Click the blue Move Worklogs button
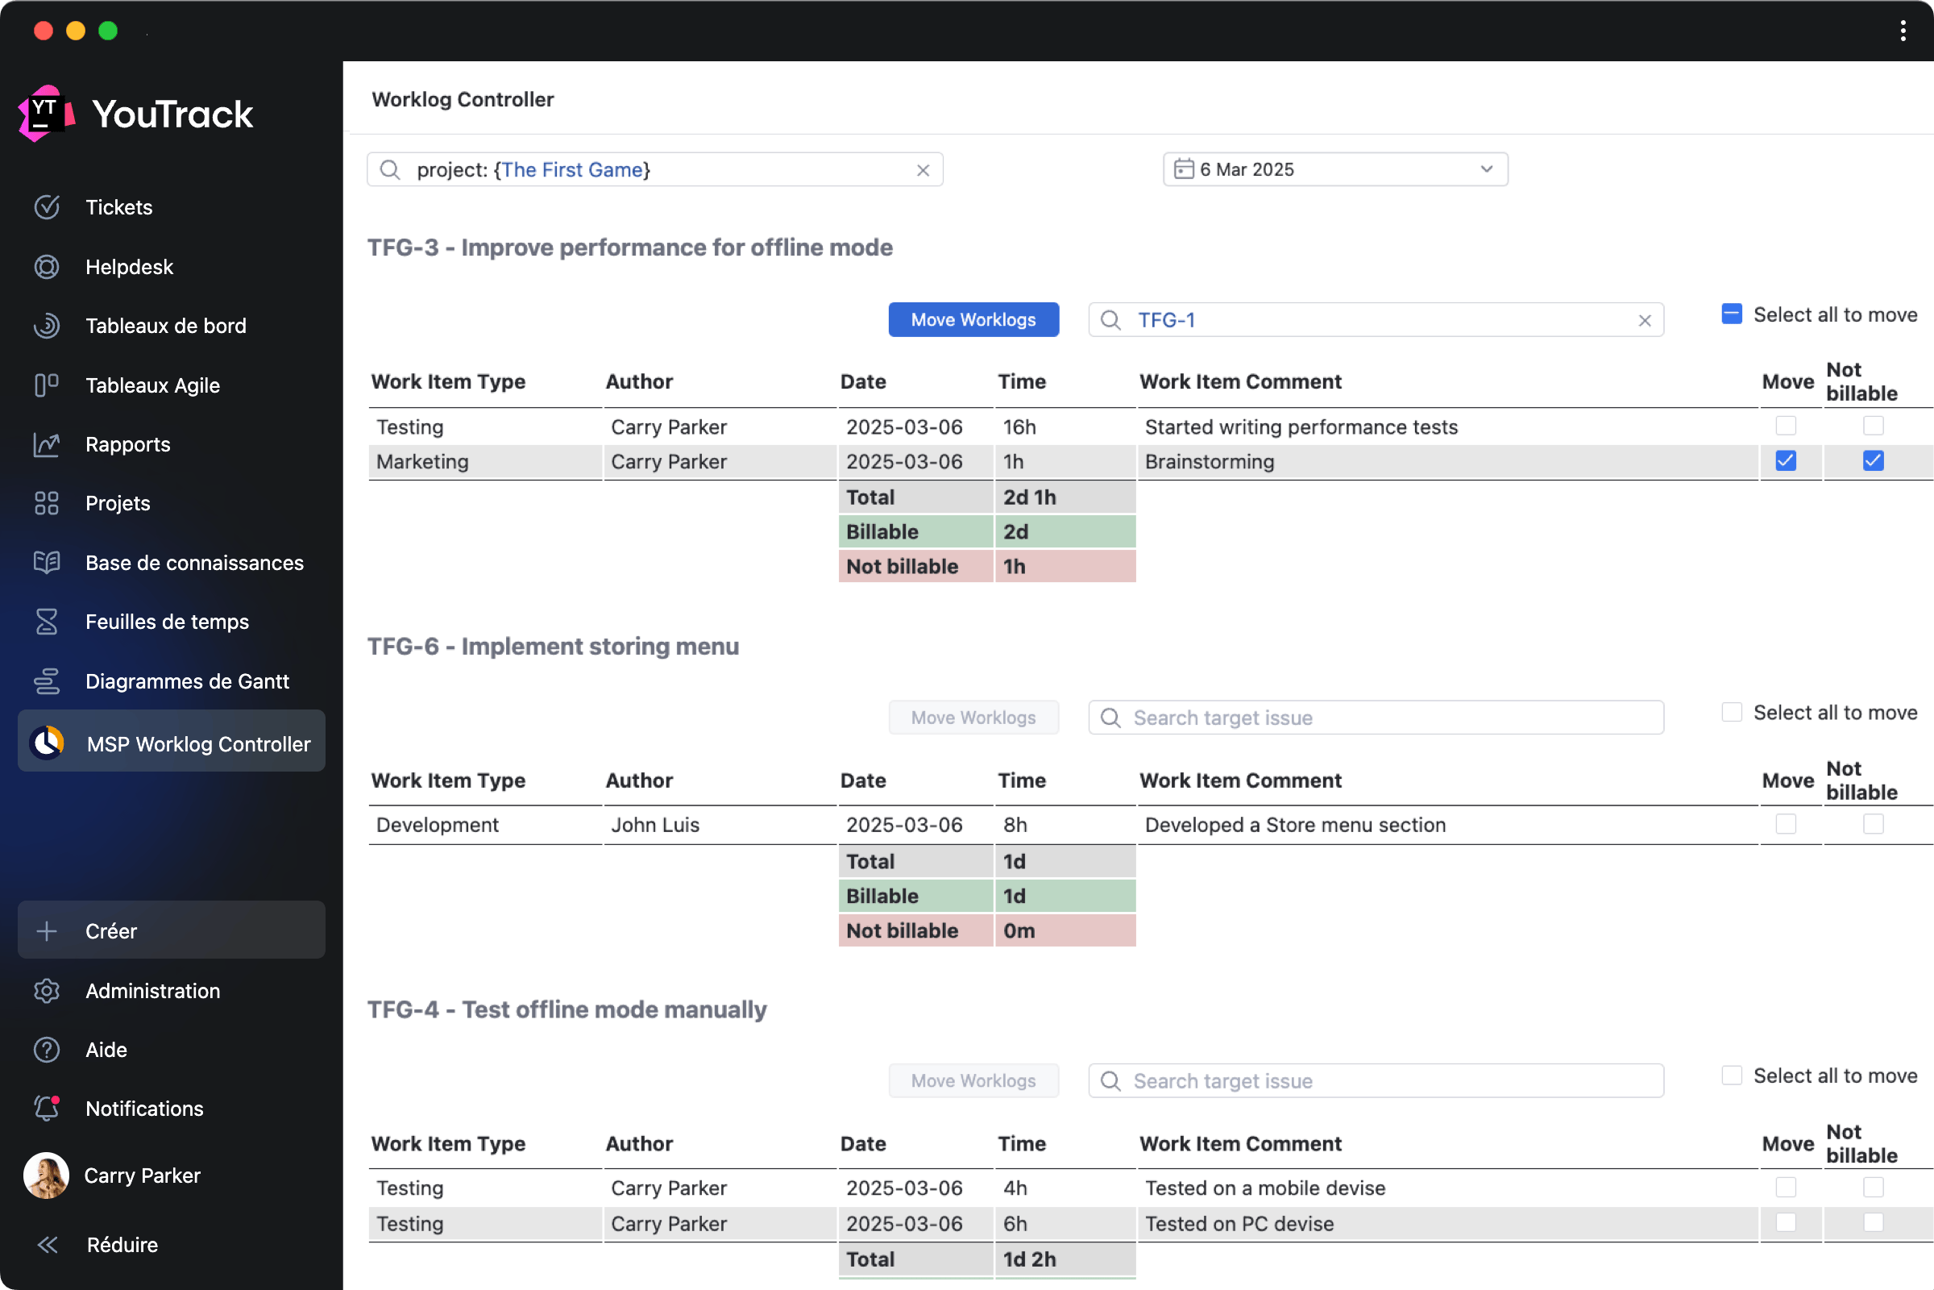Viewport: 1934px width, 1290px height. tap(973, 320)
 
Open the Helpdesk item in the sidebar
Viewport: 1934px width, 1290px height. tap(129, 267)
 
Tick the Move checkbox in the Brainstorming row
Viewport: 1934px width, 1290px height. tap(1785, 460)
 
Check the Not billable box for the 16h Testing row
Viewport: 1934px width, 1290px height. tap(1872, 426)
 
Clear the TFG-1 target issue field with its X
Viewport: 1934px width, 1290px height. tap(1644, 321)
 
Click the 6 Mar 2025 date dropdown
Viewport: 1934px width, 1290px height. tap(1334, 169)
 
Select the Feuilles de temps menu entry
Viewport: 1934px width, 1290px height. tap(167, 622)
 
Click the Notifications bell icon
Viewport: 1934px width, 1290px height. tap(47, 1108)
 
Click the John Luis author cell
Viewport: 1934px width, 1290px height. tap(654, 824)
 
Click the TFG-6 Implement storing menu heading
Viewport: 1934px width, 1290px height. tap(553, 647)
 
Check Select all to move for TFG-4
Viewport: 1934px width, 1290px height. tap(1731, 1076)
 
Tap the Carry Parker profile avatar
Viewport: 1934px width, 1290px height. tap(46, 1175)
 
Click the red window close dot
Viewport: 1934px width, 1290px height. tap(44, 31)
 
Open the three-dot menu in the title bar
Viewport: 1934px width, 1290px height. tap(1903, 31)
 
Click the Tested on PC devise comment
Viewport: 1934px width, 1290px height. tap(1239, 1223)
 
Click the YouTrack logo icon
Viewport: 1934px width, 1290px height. tap(46, 114)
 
